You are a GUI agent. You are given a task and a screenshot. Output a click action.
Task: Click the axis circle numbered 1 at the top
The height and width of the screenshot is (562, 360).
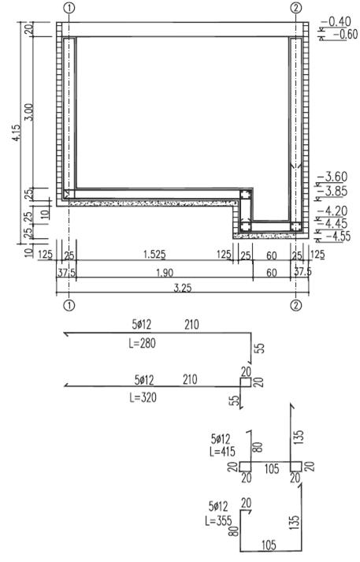[x=69, y=8]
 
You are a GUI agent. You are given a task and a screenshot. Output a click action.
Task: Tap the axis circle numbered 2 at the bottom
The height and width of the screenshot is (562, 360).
[x=295, y=305]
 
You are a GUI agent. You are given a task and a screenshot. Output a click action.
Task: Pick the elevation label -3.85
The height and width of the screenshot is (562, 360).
[x=335, y=191]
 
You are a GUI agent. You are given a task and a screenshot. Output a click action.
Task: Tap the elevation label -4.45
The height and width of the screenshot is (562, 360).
[x=335, y=224]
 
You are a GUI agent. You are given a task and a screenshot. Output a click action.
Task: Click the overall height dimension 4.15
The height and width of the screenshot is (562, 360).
[x=17, y=132]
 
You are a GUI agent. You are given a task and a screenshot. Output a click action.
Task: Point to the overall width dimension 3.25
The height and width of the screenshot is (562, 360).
[x=183, y=288]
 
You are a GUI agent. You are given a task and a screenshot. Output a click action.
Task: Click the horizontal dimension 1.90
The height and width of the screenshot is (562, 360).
[x=165, y=273]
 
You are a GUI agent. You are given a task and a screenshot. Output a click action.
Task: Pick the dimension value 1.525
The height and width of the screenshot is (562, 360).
[x=154, y=255]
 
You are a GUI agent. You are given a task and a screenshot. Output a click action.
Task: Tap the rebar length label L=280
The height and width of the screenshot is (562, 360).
[x=143, y=344]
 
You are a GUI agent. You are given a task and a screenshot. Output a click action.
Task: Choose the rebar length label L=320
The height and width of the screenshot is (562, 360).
[x=143, y=397]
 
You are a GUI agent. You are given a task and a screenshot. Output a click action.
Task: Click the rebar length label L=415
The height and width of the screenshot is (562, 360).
[x=222, y=451]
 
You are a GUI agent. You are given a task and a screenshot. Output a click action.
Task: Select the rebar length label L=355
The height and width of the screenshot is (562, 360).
[x=218, y=520]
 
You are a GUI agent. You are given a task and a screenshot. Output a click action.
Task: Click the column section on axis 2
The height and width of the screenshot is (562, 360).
[x=296, y=226]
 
